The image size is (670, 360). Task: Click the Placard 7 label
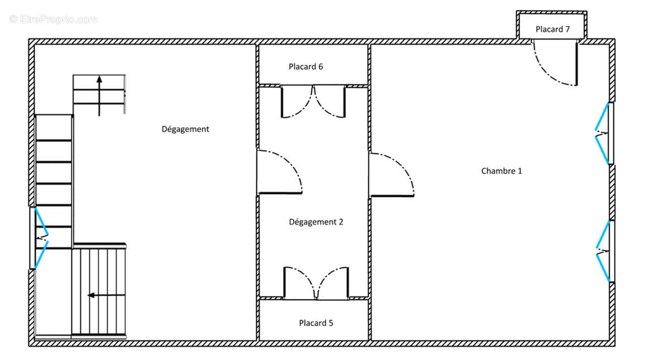click(x=552, y=29)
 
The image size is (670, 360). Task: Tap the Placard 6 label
click(x=306, y=66)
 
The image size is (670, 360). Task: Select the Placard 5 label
click(x=316, y=323)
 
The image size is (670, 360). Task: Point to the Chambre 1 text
click(x=501, y=171)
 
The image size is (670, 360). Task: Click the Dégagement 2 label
click(x=316, y=222)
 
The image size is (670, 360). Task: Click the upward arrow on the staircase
click(x=99, y=95)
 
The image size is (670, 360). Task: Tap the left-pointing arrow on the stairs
click(x=106, y=295)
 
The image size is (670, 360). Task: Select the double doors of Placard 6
click(x=313, y=102)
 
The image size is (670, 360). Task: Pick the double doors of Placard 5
click(x=316, y=283)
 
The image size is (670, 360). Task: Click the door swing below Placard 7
click(x=555, y=63)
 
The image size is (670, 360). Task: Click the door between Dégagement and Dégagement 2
click(x=280, y=172)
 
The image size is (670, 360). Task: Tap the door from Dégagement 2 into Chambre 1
click(x=391, y=175)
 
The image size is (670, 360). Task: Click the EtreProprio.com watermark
click(x=53, y=19)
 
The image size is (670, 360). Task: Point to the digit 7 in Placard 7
click(x=567, y=29)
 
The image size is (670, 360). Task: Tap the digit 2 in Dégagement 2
click(x=341, y=222)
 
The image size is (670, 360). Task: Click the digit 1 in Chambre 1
click(x=520, y=171)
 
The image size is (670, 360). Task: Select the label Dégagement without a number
click(x=185, y=129)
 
